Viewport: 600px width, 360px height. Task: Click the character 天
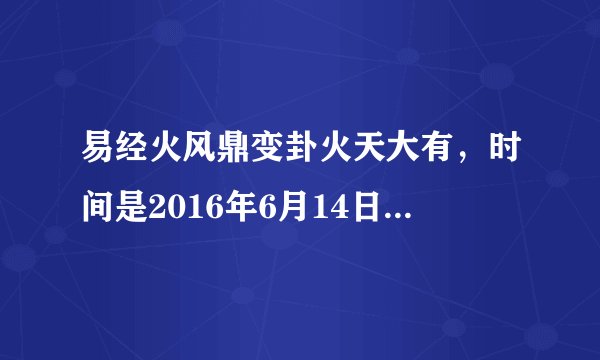click(377, 158)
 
